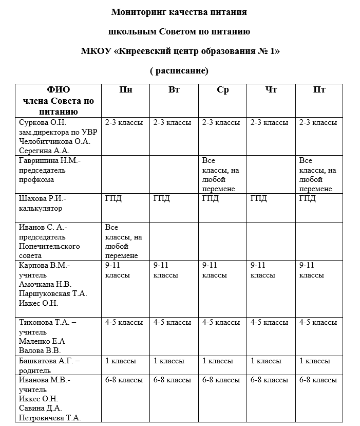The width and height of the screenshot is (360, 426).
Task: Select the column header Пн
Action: tap(126, 90)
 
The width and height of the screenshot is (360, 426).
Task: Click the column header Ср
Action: tap(222, 90)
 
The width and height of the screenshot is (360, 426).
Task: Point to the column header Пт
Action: tap(319, 90)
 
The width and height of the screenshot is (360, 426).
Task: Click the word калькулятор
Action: tap(41, 209)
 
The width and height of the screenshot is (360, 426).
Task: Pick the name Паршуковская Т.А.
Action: tap(53, 293)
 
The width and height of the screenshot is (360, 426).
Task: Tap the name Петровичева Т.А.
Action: tap(50, 418)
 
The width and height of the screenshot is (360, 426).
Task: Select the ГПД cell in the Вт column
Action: tap(162, 199)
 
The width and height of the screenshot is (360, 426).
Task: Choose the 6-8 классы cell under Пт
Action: tap(318, 380)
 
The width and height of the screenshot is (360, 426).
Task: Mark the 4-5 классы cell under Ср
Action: tap(221, 322)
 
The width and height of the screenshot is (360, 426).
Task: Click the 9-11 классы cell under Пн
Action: tap(118, 270)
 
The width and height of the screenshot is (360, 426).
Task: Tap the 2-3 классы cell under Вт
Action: tap(172, 122)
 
